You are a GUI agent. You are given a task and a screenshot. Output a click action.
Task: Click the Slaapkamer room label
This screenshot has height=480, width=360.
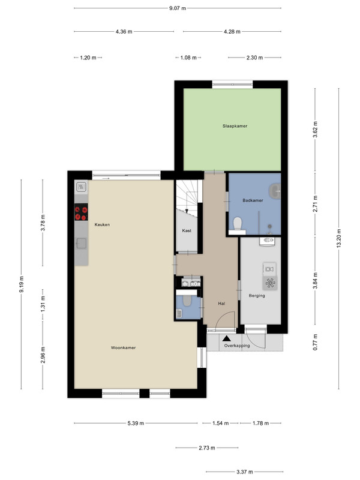click(x=235, y=126)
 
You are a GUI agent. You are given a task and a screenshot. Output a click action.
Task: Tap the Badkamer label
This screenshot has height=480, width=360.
click(x=253, y=200)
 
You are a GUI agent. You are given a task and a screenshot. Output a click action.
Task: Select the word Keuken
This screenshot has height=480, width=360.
click(x=102, y=224)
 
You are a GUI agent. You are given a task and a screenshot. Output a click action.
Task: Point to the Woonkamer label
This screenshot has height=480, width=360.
click(x=123, y=347)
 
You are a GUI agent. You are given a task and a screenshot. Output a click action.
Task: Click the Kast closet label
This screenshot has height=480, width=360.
click(x=187, y=230)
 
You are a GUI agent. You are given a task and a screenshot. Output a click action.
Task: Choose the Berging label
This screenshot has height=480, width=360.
click(x=257, y=295)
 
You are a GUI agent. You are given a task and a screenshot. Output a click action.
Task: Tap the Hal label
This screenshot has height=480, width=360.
click(x=221, y=304)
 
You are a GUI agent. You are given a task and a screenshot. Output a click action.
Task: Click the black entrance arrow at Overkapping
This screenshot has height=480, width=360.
click(x=227, y=338)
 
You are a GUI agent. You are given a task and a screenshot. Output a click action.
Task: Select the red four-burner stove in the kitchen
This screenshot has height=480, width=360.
click(x=81, y=212)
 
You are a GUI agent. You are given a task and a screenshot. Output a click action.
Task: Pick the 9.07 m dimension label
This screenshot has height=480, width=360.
click(x=178, y=8)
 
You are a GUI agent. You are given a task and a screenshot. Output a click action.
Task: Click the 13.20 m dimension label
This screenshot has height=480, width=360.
click(x=339, y=238)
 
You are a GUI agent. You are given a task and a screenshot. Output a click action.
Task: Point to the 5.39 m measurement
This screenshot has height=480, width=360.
click(x=136, y=423)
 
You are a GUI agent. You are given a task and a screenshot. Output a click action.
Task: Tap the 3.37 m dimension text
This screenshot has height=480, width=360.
click(x=245, y=472)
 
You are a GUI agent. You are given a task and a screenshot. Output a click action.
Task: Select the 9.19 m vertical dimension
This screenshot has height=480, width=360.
click(x=22, y=284)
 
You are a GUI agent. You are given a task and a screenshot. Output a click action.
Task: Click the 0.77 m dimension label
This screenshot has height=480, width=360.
click(x=315, y=342)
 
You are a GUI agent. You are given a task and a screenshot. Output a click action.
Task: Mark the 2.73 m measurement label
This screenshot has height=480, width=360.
click(x=207, y=448)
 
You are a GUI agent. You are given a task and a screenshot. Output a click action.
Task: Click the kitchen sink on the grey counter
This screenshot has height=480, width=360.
click(x=81, y=244)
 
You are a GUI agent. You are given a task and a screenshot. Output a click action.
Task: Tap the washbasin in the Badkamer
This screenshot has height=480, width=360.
click(x=275, y=191)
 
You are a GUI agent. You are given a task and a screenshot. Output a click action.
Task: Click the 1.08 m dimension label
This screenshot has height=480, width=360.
click(x=188, y=58)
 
